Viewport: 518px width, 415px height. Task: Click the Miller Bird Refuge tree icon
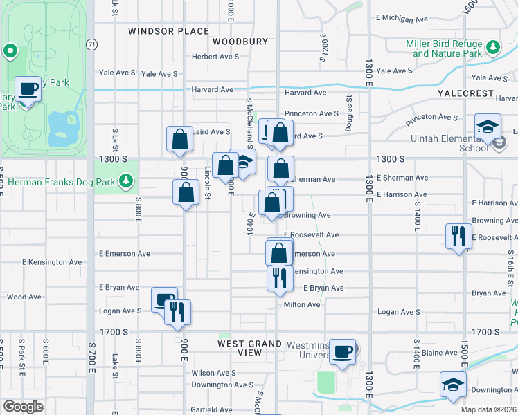[492, 48]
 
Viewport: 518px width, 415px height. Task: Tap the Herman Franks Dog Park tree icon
[125, 181]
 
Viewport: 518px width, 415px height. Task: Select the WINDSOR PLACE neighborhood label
[168, 31]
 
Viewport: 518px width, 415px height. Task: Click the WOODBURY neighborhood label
[240, 41]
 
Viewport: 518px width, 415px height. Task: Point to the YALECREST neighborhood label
[465, 93]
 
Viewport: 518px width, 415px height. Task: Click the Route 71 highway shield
[91, 44]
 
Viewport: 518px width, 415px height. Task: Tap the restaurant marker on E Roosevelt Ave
[458, 236]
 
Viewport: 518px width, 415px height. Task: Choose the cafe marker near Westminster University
[342, 351]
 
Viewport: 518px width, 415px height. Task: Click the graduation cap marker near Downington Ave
[453, 384]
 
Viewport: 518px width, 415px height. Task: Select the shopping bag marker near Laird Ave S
[179, 138]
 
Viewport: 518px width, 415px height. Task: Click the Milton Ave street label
[301, 305]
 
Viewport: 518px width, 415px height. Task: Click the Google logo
[23, 406]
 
